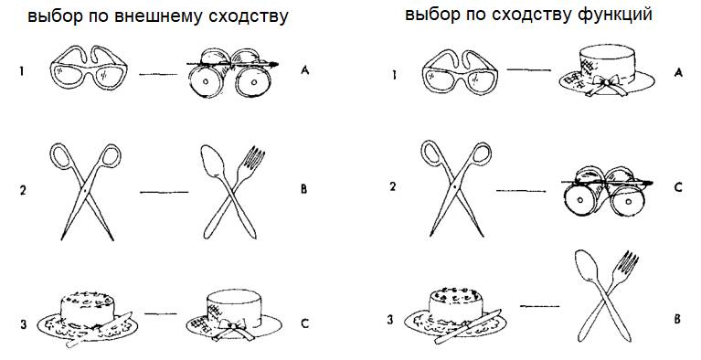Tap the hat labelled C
234,316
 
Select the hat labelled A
607,70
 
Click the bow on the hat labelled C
232,329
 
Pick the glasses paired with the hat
460,71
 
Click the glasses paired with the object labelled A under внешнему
89,67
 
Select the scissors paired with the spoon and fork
85,191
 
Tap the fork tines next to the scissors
256,157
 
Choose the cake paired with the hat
88,318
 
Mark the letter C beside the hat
305,323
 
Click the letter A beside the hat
678,71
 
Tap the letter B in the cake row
678,319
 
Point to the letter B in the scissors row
303,189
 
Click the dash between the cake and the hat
161,314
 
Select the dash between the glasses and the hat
529,69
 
